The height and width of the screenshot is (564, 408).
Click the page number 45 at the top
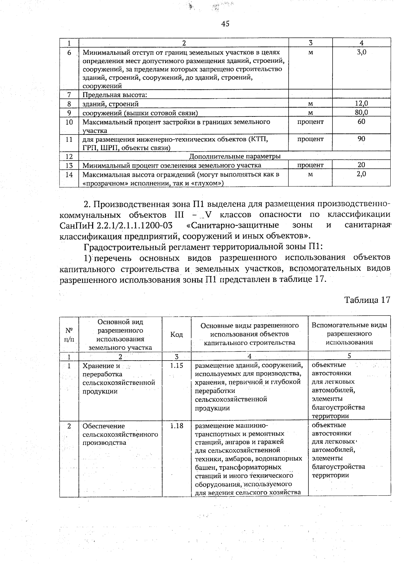click(x=225, y=23)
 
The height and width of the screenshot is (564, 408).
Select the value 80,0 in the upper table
click(x=361, y=112)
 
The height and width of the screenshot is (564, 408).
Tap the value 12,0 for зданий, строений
click(x=361, y=104)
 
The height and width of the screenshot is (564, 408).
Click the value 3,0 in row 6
click(x=361, y=52)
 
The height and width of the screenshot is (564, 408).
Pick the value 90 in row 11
click(x=361, y=139)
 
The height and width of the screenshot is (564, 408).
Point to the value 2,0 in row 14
click(x=361, y=174)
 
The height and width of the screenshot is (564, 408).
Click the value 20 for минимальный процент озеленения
click(x=361, y=165)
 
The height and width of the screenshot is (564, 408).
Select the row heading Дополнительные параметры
click(x=235, y=156)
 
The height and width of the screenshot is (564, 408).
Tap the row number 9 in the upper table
click(x=69, y=113)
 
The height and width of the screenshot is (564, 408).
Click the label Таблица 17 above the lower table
click(x=367, y=300)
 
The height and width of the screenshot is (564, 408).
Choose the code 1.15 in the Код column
click(x=176, y=365)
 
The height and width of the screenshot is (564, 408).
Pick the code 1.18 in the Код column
click(x=176, y=425)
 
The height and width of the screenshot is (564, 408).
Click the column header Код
click(x=176, y=334)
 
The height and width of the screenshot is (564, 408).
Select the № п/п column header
click(x=69, y=334)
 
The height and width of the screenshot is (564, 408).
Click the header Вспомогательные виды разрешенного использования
click(x=349, y=333)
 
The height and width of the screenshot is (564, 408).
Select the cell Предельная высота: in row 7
click(x=115, y=95)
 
